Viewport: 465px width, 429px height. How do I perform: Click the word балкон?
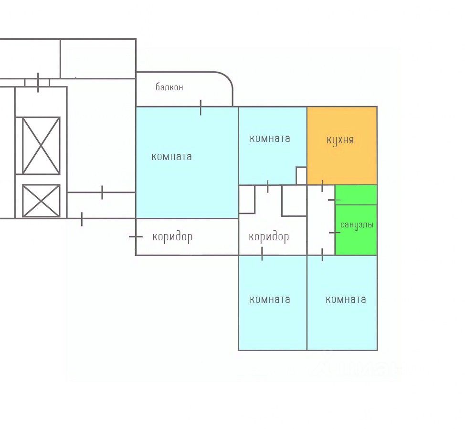(169, 87)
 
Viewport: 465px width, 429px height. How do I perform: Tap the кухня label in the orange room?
(340, 140)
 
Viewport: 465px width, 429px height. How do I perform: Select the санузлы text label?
(357, 225)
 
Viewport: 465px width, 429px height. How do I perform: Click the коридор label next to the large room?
(172, 236)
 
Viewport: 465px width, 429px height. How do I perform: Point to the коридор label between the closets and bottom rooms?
(269, 236)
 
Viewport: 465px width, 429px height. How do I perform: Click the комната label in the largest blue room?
(171, 156)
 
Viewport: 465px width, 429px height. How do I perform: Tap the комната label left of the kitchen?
(270, 139)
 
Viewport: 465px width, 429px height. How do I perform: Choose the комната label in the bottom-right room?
(346, 300)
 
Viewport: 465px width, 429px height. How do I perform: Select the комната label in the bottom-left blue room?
(270, 300)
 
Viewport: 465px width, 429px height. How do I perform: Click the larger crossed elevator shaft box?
(42, 146)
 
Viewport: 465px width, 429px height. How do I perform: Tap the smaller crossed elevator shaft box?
(42, 201)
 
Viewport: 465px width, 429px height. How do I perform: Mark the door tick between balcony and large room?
(201, 107)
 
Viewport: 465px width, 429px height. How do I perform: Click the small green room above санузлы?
(356, 195)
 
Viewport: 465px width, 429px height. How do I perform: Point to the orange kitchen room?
(342, 158)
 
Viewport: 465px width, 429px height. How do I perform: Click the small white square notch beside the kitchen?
(301, 175)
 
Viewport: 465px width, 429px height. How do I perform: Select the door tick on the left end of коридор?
(136, 236)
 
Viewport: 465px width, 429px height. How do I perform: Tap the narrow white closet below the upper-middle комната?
(247, 199)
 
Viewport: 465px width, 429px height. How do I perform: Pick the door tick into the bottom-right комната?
(322, 255)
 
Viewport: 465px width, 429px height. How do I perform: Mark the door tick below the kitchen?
(322, 185)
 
